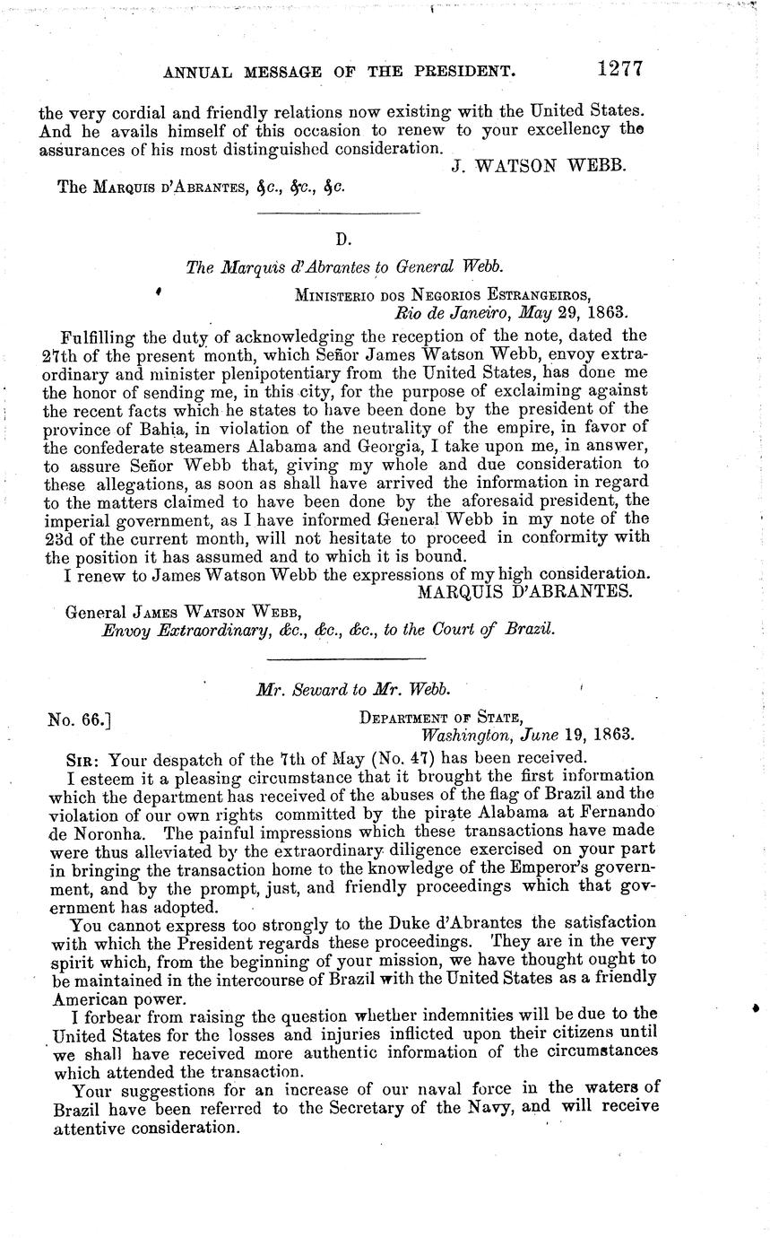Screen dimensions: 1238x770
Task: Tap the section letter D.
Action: click(341, 239)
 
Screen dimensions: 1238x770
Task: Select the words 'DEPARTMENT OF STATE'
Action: click(441, 717)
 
